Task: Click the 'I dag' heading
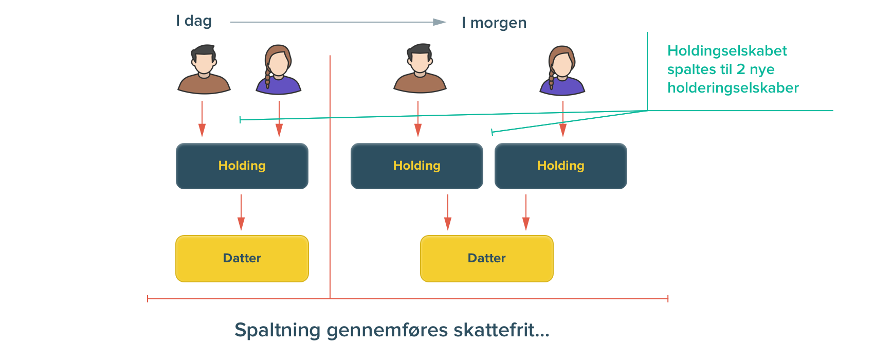[194, 21]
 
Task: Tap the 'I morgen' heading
[494, 23]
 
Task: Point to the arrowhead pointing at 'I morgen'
[440, 22]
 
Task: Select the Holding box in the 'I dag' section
[242, 166]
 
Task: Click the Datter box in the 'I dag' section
[242, 258]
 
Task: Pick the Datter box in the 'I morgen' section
[487, 258]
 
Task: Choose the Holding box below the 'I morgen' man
[417, 166]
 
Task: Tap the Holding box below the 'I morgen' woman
[561, 166]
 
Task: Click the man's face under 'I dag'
[204, 63]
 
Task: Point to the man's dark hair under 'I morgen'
[420, 49]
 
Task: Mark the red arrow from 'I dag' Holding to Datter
[241, 212]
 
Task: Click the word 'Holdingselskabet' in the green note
[727, 51]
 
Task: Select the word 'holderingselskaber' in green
[733, 88]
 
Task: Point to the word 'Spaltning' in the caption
[278, 330]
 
